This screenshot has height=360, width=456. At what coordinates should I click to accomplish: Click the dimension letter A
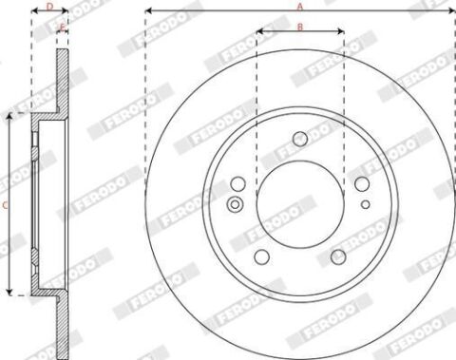click(300, 7)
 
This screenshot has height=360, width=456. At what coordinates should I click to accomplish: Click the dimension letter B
click(300, 27)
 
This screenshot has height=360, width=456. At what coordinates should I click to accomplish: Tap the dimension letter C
click(5, 205)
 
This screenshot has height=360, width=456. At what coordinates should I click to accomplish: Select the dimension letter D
click(50, 7)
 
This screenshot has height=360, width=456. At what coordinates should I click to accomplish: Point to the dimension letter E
click(63, 28)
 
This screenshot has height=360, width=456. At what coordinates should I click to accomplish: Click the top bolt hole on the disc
click(300, 139)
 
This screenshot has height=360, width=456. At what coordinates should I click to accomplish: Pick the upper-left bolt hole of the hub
click(238, 184)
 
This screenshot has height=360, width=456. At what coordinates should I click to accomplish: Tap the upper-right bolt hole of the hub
click(362, 184)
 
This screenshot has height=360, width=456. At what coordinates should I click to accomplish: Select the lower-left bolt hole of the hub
click(262, 256)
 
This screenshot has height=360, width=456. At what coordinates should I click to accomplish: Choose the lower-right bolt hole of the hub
click(338, 256)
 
